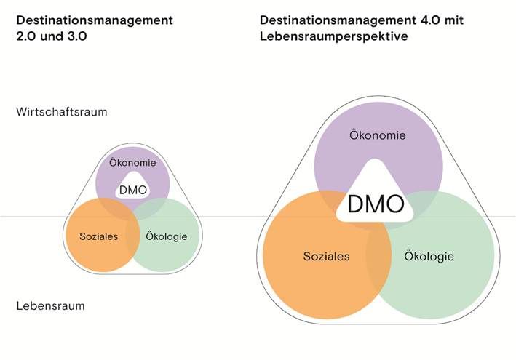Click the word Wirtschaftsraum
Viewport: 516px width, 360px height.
[62, 112]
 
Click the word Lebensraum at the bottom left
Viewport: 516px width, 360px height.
[50, 305]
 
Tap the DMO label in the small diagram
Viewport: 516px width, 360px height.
[133, 191]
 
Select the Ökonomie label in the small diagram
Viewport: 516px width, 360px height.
[132, 162]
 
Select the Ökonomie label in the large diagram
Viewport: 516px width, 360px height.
[378, 135]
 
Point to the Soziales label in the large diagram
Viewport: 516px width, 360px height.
[326, 256]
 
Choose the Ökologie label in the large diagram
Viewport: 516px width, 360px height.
[429, 256]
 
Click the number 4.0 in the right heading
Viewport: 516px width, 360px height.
[423, 20]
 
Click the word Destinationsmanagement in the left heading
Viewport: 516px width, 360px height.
[94, 20]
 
